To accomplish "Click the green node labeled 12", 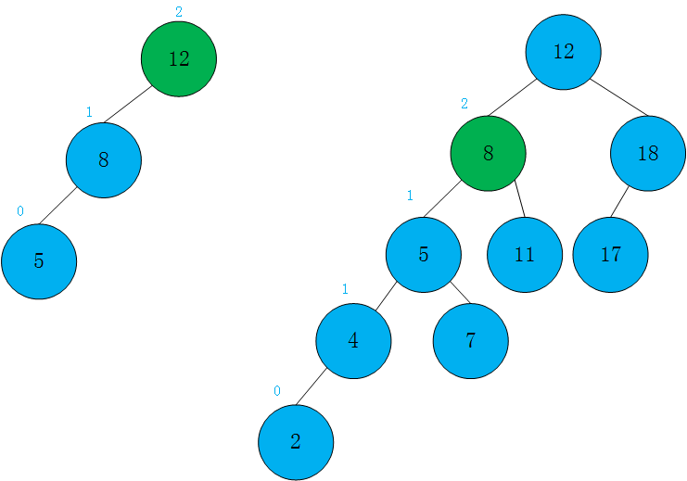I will point(179,58).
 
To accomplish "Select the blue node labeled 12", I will point(563,52).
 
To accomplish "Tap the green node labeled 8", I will point(488,154).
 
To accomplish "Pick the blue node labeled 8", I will point(104,159).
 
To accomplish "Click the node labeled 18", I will point(648,154).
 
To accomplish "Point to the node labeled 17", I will point(610,255).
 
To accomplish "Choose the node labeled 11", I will point(525,255).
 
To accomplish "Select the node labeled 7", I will point(470,341).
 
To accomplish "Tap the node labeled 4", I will point(353,341).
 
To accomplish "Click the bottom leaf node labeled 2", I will point(296,442).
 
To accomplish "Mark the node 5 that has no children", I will point(39,261).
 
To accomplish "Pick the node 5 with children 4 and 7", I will point(424,255).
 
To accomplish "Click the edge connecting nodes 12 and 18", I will point(618,96).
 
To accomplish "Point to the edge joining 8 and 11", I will point(519,199).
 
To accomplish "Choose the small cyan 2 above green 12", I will point(179,12).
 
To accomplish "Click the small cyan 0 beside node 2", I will point(276,391).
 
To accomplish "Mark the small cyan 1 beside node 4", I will point(345,290).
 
